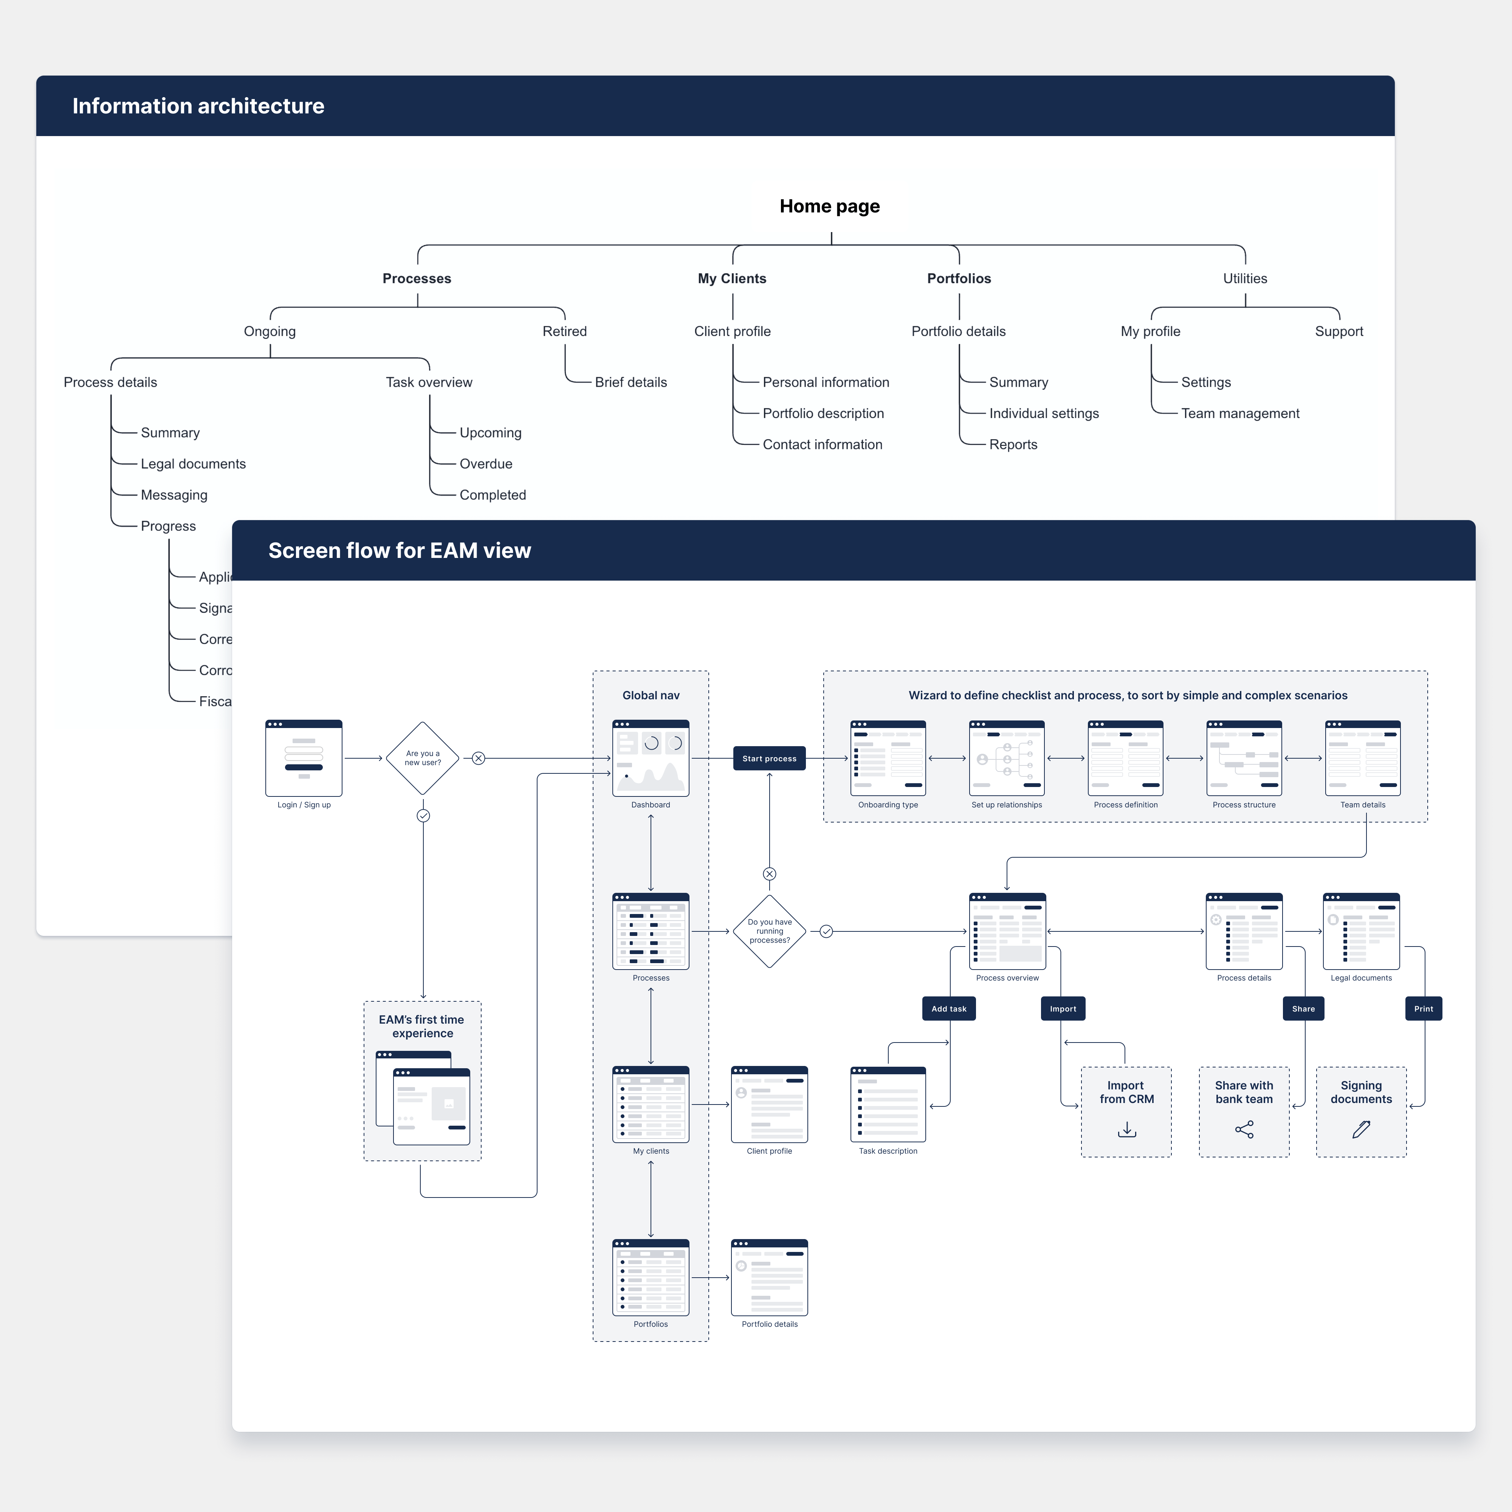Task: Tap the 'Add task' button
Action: pyautogui.click(x=948, y=1009)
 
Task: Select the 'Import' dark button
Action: pyautogui.click(x=1063, y=1009)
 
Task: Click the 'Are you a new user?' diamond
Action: pyautogui.click(x=423, y=758)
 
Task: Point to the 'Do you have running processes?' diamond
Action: pyautogui.click(x=769, y=931)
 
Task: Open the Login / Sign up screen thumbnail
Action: pyautogui.click(x=304, y=758)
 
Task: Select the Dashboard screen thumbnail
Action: pyautogui.click(x=650, y=758)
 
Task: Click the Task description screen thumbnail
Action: pyautogui.click(x=888, y=1104)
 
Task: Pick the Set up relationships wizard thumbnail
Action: pyautogui.click(x=1007, y=758)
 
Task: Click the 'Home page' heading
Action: pyautogui.click(x=830, y=207)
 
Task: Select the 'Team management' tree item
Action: pyautogui.click(x=1240, y=413)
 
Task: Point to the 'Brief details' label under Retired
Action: pyautogui.click(x=631, y=382)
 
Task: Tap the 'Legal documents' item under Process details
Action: pyautogui.click(x=193, y=464)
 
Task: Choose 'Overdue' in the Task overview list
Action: pyautogui.click(x=486, y=464)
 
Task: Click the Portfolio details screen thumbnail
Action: pyautogui.click(x=769, y=1277)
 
